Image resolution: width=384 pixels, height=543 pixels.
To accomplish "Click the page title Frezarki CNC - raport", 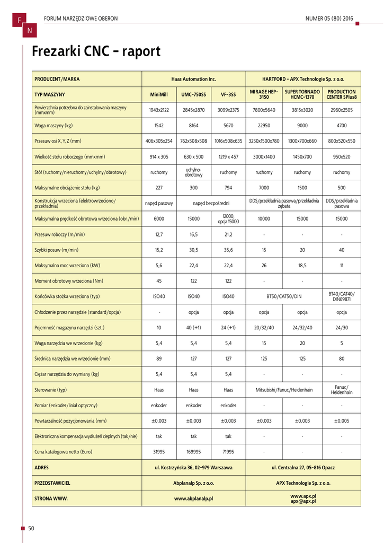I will pos(96,52).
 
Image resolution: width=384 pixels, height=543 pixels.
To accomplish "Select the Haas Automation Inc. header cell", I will pos(193,79).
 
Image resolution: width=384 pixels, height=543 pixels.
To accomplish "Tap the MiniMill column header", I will pos(159,94).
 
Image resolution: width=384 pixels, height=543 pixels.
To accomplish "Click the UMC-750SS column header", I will pos(193,94).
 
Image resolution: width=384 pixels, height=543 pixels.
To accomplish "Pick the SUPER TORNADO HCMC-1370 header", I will pos(302,94).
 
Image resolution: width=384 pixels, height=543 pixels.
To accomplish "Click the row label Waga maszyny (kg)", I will pos(53,126).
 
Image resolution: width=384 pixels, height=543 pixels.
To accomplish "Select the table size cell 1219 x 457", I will pos(228,157).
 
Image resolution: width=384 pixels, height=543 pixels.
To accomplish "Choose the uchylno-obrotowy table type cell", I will pos(193,172).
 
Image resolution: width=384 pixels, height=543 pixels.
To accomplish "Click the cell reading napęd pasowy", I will pos(159,203).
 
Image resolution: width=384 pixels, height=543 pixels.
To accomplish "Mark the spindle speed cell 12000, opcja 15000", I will pos(228,218).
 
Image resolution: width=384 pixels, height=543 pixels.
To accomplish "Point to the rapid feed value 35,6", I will pos(228,250).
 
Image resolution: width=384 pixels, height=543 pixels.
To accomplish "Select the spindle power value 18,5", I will pos(302,265).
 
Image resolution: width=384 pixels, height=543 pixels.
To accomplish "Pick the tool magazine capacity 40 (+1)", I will pos(193,328).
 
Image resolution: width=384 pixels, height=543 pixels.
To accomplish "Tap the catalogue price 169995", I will pos(193,452).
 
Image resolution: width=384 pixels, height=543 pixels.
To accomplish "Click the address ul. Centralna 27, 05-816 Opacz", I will pos(303,468).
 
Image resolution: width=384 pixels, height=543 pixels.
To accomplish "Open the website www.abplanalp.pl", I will pos(193,499).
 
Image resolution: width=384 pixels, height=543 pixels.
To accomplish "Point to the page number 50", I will pos(31,529).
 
